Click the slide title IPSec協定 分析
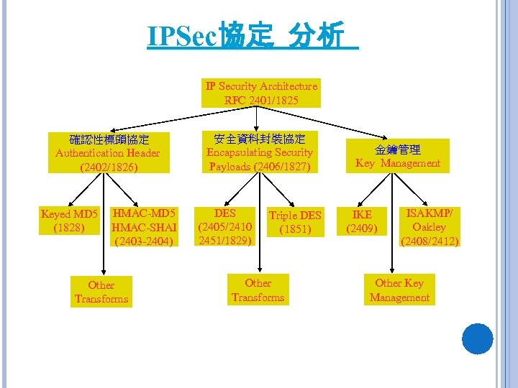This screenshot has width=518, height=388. coord(252,36)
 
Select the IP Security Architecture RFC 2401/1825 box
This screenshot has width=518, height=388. coord(261,93)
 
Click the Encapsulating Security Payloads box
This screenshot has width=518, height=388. coord(260,152)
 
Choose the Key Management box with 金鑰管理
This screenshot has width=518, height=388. coord(397,156)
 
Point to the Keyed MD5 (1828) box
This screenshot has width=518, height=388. coord(69,221)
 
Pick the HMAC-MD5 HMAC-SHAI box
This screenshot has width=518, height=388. coord(144,227)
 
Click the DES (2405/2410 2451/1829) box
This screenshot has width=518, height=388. coord(225,227)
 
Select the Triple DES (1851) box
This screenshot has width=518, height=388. coord(295,222)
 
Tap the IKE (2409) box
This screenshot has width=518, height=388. coord(361,222)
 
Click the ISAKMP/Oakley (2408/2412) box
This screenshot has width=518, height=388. coord(430,227)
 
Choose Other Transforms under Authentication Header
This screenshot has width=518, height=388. coord(101,292)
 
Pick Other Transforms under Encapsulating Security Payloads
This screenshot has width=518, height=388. coord(258,290)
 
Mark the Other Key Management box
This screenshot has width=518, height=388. coord(399,290)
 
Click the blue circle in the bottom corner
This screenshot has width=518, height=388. coord(477,339)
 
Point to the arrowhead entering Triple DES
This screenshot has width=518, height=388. coord(291,205)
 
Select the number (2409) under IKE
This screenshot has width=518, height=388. coord(361,229)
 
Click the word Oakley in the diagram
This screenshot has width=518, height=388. coord(430,227)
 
